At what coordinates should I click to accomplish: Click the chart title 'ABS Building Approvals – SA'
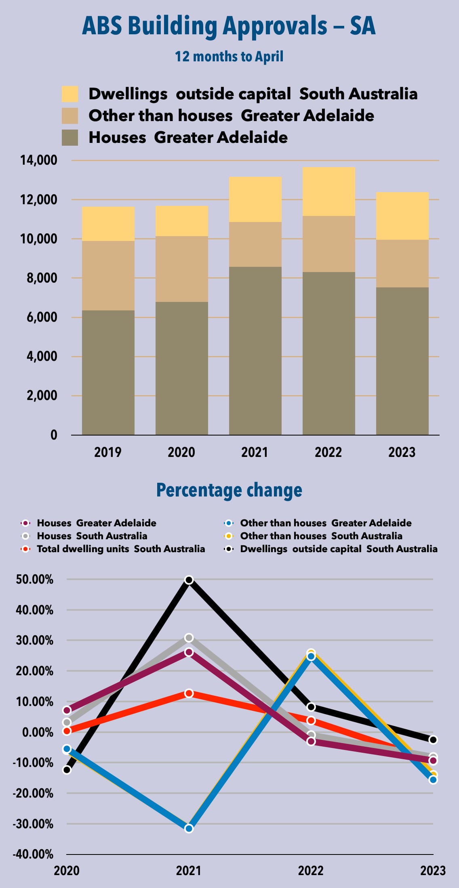229,26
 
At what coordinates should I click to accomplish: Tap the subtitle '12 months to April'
229,57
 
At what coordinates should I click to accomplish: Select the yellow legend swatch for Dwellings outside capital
70,94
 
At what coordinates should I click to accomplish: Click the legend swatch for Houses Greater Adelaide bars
70,138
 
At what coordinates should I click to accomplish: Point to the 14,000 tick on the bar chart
39,160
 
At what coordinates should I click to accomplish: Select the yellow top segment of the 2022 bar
328,191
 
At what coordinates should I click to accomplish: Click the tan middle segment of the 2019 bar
108,276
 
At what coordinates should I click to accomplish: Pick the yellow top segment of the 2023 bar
402,216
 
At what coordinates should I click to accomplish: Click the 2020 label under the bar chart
181,452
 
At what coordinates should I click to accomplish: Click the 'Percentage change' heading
229,490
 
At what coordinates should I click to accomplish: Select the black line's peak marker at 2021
189,580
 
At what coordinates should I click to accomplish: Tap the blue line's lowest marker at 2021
189,829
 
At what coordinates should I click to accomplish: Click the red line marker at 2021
189,693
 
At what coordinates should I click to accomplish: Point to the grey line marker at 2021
189,638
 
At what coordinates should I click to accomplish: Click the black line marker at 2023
433,740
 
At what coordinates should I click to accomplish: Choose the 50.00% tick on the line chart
35,580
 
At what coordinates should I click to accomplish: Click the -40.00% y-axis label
33,854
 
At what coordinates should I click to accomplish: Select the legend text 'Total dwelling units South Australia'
121,549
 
